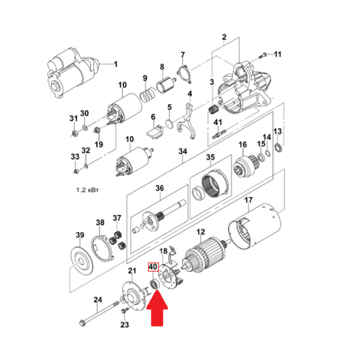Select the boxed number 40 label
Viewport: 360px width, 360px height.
(153, 267)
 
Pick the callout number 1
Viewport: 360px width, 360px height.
(116, 64)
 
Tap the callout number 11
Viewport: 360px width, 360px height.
(278, 54)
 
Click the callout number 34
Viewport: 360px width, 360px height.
(183, 152)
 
